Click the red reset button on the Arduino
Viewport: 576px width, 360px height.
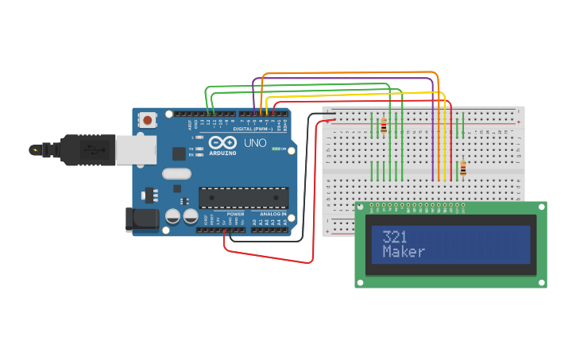tap(148, 120)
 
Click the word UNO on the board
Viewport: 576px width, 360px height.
tap(254, 143)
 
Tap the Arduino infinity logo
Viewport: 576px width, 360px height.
tap(223, 142)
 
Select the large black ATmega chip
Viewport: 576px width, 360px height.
tap(243, 197)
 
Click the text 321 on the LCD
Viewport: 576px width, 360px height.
tap(395, 237)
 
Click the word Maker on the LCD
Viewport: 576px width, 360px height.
tap(404, 252)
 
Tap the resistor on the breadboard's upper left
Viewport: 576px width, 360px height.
tap(384, 126)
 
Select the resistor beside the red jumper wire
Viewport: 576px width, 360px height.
tap(463, 168)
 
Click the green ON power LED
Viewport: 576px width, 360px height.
tap(276, 149)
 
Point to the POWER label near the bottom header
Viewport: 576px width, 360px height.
tap(236, 214)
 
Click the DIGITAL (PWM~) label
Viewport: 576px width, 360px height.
tap(253, 129)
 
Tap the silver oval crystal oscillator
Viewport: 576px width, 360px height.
tap(176, 173)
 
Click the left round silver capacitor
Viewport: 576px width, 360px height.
tap(172, 215)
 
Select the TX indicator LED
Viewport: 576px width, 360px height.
tap(199, 149)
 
